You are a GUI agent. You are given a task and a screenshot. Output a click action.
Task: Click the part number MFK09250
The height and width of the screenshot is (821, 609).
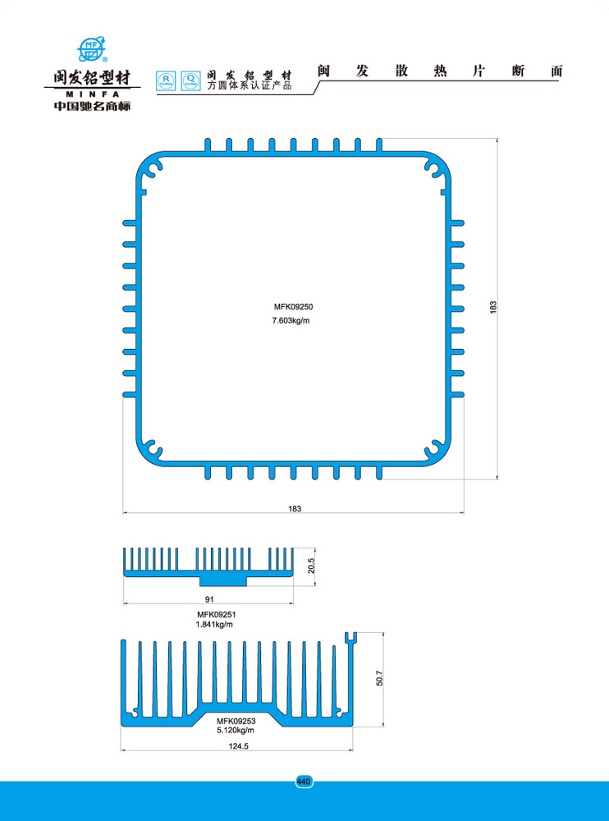click(294, 307)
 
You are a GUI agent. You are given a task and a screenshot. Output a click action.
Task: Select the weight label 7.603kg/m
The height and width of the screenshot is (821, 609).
click(291, 320)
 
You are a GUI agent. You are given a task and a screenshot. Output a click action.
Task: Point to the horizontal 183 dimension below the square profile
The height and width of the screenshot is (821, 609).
click(295, 509)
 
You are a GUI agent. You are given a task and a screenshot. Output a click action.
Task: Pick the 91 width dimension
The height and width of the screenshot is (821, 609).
click(208, 599)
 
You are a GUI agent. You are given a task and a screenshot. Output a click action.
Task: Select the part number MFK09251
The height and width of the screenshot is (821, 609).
click(216, 614)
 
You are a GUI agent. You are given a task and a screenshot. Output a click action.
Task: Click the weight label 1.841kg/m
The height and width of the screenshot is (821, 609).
click(214, 625)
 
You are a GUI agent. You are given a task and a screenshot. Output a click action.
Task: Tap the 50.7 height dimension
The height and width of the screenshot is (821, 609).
click(379, 679)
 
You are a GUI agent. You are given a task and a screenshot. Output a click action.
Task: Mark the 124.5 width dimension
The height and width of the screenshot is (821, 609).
click(236, 746)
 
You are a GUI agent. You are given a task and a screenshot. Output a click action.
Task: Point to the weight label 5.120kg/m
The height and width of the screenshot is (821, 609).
click(236, 730)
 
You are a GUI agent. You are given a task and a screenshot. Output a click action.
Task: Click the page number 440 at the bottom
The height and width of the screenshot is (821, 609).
click(304, 781)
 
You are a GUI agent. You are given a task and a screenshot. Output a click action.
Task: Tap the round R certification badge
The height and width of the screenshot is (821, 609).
click(167, 80)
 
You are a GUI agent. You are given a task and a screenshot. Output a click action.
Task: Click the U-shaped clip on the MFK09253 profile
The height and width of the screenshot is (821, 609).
click(350, 637)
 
